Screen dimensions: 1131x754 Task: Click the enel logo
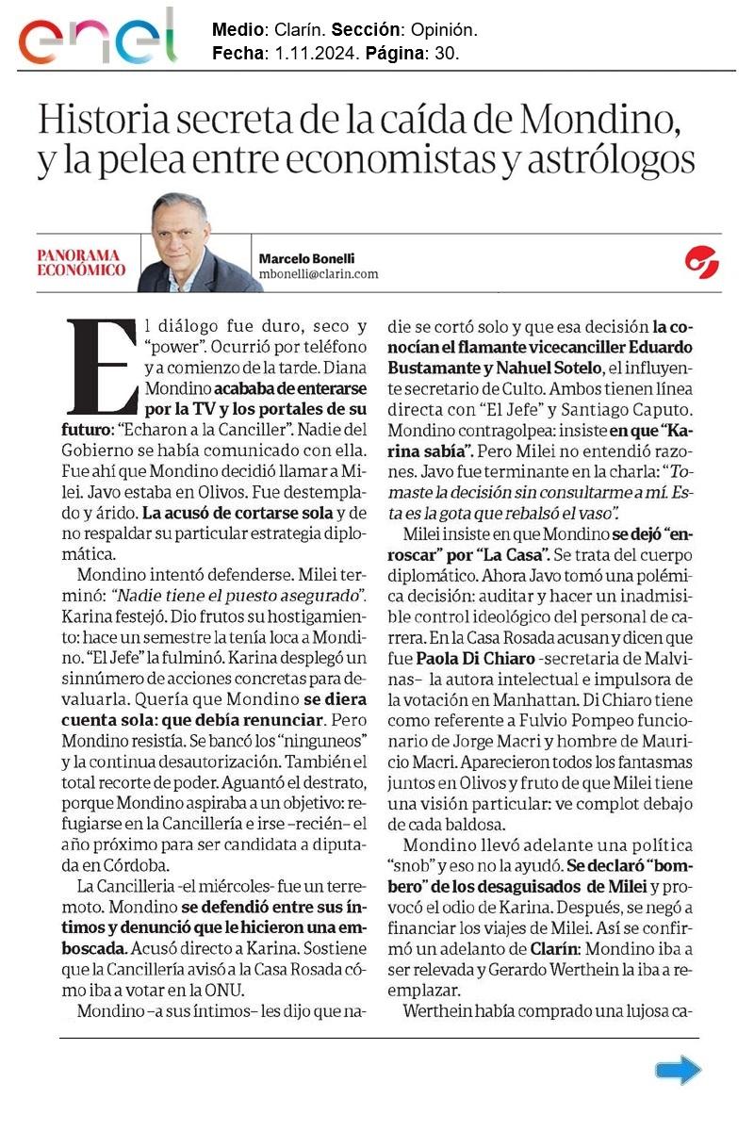[97, 38]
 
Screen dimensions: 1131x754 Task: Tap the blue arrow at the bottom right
[678, 1070]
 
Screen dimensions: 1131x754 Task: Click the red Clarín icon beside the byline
[702, 262]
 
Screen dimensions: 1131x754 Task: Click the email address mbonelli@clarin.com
[318, 274]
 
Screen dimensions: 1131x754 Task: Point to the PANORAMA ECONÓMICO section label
[81, 262]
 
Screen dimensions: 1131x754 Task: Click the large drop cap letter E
[103, 367]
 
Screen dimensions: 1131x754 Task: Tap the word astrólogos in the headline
[613, 162]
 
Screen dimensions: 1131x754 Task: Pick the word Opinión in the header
[445, 32]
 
